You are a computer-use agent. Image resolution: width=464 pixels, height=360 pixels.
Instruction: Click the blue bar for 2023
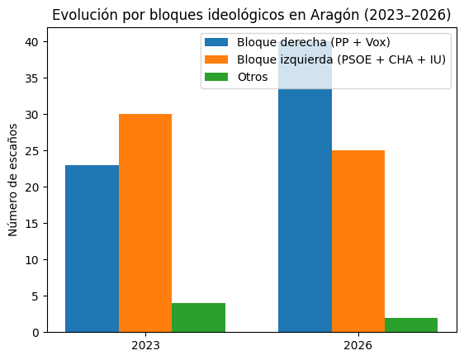coord(92,249)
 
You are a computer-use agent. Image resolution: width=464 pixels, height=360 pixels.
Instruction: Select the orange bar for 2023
coord(145,223)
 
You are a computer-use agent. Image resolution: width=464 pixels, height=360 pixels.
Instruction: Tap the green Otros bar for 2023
coord(198,317)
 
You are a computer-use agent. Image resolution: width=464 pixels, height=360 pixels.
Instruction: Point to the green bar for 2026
coord(411,324)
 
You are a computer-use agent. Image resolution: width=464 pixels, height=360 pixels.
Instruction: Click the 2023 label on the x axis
coord(145,345)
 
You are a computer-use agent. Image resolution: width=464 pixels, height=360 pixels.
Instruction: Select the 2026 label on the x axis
coord(357,345)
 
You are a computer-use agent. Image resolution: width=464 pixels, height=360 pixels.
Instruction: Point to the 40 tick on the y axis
coord(32,41)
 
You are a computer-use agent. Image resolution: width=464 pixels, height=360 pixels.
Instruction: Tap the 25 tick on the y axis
coord(32,150)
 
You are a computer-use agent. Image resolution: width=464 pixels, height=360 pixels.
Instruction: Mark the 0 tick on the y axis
coord(36,332)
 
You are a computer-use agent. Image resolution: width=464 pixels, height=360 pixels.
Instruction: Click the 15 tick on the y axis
coord(32,223)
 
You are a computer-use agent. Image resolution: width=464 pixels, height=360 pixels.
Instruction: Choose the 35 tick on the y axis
coord(32,78)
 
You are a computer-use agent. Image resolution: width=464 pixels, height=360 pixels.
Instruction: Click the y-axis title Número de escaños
coord(14,180)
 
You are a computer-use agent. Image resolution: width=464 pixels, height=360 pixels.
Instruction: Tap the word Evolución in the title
coord(80,15)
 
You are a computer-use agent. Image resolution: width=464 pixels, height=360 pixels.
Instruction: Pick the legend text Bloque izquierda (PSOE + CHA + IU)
coord(342,60)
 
